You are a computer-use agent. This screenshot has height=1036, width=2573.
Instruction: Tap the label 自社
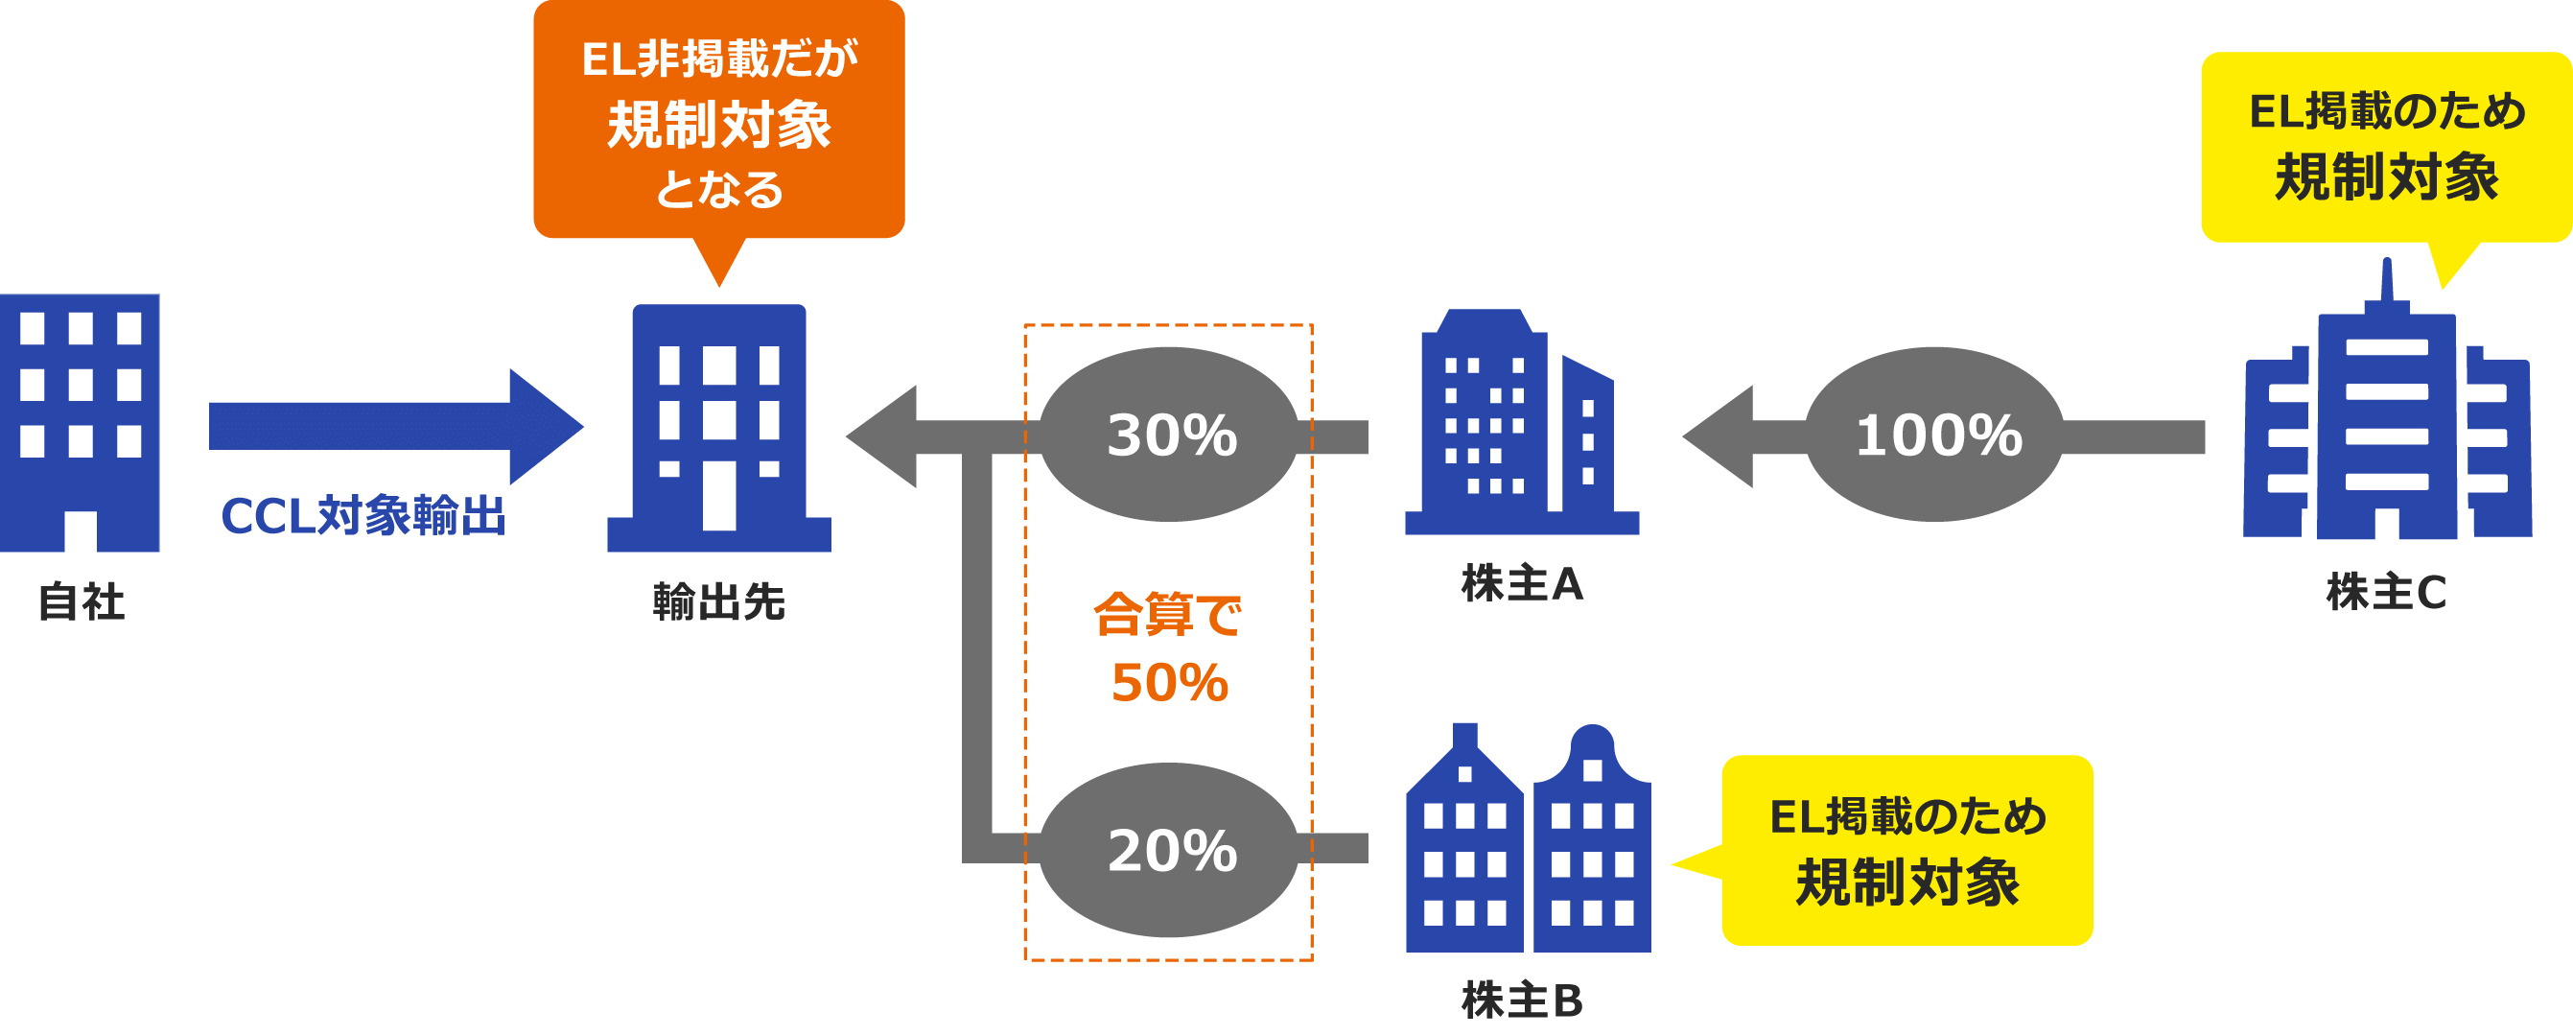click(x=82, y=601)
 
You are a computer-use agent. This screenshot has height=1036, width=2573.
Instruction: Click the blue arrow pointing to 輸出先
click(x=394, y=427)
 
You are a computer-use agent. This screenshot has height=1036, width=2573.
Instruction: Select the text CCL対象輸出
click(x=363, y=516)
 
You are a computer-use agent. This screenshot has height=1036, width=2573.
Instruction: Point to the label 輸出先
click(x=719, y=601)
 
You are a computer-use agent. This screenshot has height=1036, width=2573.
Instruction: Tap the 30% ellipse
click(x=1170, y=435)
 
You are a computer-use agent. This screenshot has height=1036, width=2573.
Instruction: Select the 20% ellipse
click(x=1170, y=850)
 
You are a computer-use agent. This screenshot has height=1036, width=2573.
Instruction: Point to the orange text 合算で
click(x=1168, y=615)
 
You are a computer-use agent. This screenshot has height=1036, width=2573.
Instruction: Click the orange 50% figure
click(x=1170, y=683)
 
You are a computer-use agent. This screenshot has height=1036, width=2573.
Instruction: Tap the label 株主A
click(x=1522, y=583)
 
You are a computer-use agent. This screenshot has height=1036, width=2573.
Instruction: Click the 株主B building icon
click(x=1529, y=839)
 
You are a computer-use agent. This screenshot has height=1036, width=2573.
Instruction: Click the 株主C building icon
click(x=2387, y=419)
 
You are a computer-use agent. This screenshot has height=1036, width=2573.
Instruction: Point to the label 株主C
click(x=2386, y=593)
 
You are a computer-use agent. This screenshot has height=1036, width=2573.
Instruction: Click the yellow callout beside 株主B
click(x=1906, y=850)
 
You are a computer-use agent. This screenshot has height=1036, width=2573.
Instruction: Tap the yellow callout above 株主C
click(x=2386, y=146)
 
